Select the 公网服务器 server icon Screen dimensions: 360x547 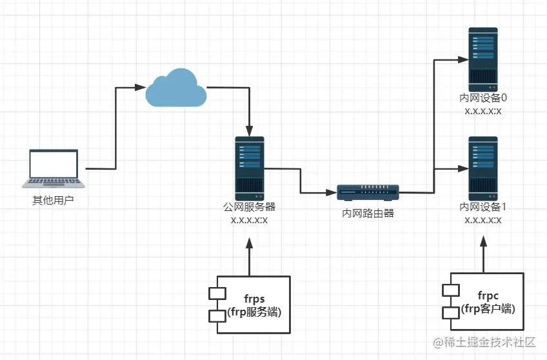(x=250, y=168)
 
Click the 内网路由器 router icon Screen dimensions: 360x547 (x=368, y=192)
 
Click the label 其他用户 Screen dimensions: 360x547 (x=54, y=201)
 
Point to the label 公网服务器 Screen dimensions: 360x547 (x=250, y=208)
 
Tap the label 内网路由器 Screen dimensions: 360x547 (x=368, y=212)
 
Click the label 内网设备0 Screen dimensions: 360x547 (x=483, y=99)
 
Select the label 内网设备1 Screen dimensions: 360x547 (x=483, y=208)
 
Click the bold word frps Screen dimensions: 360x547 (x=254, y=299)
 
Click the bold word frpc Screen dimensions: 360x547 (x=489, y=297)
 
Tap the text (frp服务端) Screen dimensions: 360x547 (x=254, y=312)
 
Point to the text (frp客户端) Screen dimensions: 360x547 (x=489, y=309)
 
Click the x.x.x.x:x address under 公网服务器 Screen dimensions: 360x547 (x=250, y=220)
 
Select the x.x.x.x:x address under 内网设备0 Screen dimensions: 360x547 (x=483, y=111)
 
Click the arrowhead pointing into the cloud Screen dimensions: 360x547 (x=140, y=86)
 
